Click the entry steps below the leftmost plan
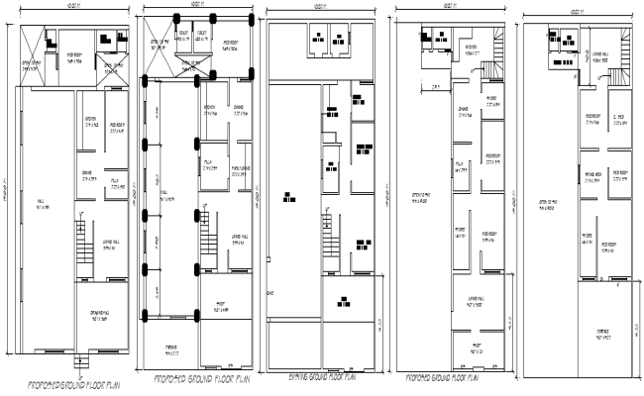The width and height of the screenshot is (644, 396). (78, 357)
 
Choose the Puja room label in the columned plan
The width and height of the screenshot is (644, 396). (209, 166)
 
